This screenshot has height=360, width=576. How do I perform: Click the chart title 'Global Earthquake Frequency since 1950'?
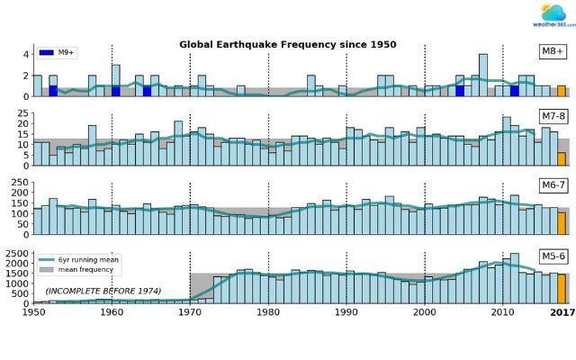click(x=288, y=44)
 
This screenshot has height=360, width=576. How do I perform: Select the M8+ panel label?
click(x=548, y=51)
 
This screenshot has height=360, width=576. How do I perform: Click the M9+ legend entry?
click(x=58, y=51)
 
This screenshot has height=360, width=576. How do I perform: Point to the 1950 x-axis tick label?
click(x=34, y=314)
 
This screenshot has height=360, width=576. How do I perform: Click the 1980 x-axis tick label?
click(x=268, y=314)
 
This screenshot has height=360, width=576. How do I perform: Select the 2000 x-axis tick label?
click(x=425, y=314)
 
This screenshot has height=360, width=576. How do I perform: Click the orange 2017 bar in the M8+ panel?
click(x=561, y=91)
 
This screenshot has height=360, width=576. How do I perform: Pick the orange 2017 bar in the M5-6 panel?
click(x=561, y=288)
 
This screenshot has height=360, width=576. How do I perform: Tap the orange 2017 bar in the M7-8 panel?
click(x=561, y=158)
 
